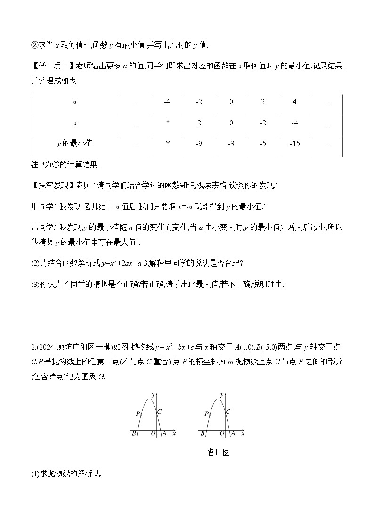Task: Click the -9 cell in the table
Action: click(199, 143)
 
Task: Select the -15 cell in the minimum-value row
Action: click(294, 143)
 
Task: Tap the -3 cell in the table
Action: click(231, 143)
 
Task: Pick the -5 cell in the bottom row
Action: click(263, 143)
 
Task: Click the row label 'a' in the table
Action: click(74, 102)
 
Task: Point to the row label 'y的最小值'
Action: click(74, 143)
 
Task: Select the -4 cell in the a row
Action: click(167, 102)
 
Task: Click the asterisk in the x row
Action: click(167, 123)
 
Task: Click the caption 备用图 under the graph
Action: click(219, 453)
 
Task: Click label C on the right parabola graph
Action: click(228, 412)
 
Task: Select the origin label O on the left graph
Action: click(154, 434)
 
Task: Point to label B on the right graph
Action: click(203, 434)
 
